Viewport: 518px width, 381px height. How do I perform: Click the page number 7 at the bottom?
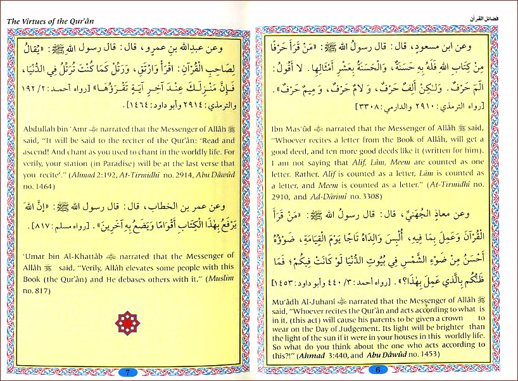(127, 372)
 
